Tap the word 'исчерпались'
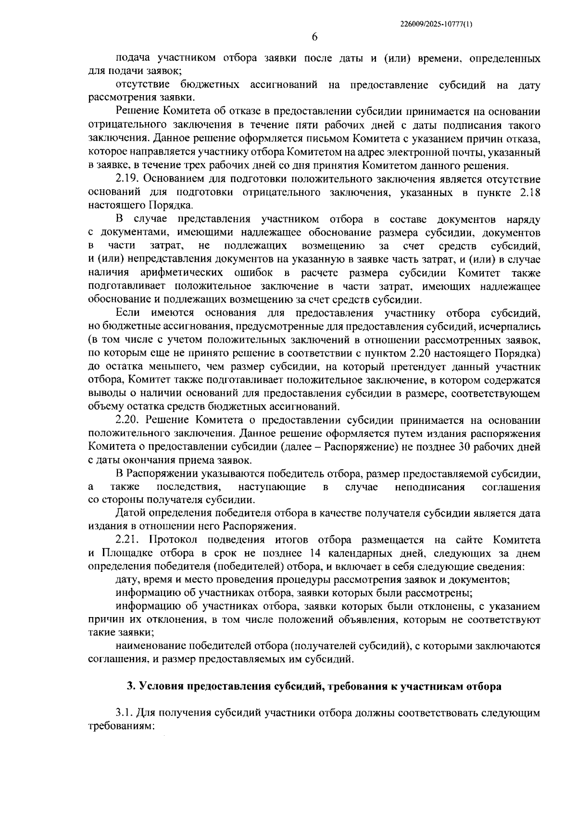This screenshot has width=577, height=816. click(x=511, y=327)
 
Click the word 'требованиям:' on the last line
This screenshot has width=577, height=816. click(x=120, y=726)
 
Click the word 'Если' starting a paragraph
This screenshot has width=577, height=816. click(x=127, y=313)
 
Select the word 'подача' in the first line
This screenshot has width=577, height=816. click(x=131, y=59)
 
